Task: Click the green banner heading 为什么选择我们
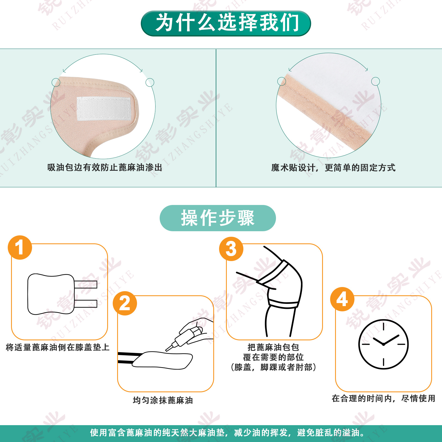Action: (226, 23)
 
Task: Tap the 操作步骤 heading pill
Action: (218, 218)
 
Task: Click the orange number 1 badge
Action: (20, 248)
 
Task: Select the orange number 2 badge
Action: (125, 303)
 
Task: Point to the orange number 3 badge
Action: (231, 249)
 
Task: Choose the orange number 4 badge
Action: (342, 299)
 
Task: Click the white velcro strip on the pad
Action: (104, 109)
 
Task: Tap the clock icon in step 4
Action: (383, 344)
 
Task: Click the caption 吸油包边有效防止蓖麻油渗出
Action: (105, 167)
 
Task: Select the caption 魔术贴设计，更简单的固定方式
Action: (333, 167)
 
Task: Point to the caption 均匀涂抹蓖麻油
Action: (163, 400)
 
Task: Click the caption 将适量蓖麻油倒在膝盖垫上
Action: (58, 347)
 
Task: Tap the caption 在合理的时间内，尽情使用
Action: (383, 398)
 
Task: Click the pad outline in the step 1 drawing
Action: (51, 294)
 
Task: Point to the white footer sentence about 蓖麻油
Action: (227, 433)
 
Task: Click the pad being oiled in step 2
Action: (162, 360)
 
